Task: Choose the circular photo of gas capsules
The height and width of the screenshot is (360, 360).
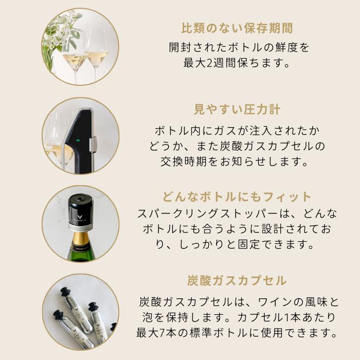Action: tap(81, 311)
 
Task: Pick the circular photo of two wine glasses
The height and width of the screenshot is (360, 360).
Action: tap(81, 47)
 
